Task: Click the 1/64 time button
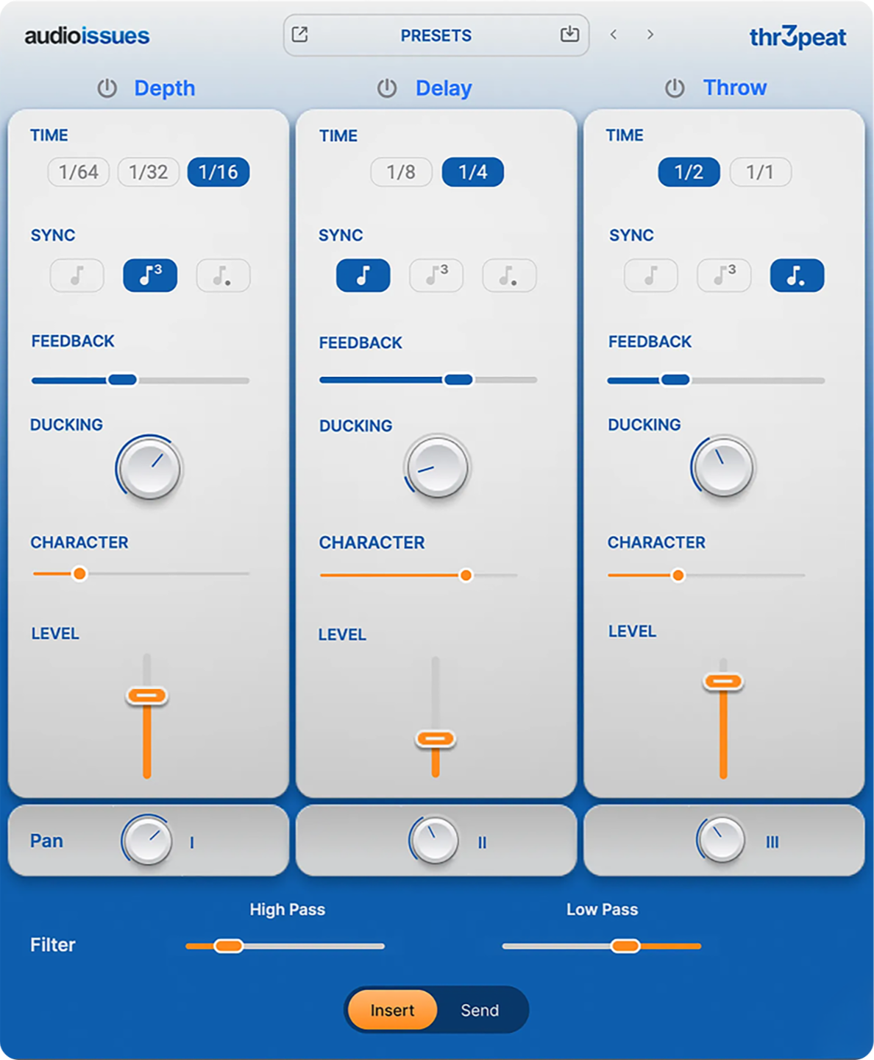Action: click(x=78, y=172)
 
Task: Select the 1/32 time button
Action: click(x=148, y=172)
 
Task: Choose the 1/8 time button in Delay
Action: click(x=401, y=172)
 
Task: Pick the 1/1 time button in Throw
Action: click(x=760, y=172)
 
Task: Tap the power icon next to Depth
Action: click(x=107, y=88)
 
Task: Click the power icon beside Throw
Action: click(x=675, y=88)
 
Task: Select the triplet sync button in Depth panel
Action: click(x=150, y=275)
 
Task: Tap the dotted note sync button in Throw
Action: click(x=797, y=275)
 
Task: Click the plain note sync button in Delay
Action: click(x=363, y=275)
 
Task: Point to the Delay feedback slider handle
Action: click(x=458, y=380)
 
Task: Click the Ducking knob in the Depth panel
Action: click(x=149, y=467)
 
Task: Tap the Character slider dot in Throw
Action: click(x=678, y=575)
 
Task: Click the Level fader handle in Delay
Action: click(x=435, y=738)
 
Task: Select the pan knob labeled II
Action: click(x=435, y=840)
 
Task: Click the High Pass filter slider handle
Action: click(x=228, y=946)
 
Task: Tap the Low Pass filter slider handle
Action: click(x=625, y=946)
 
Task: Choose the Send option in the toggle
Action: click(x=480, y=1010)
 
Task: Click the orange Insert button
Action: click(x=392, y=1010)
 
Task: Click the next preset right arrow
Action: click(x=650, y=35)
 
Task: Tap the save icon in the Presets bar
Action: click(x=569, y=34)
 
